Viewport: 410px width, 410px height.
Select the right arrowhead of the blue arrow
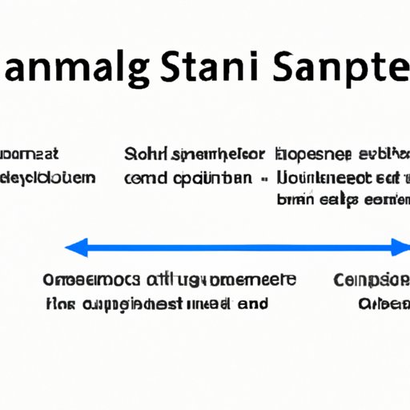click(403, 249)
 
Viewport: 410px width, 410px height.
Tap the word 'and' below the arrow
click(253, 303)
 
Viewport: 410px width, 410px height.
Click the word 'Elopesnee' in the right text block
click(313, 154)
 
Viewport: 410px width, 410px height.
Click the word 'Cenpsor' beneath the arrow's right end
click(372, 281)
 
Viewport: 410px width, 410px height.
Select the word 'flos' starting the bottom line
click(58, 303)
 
